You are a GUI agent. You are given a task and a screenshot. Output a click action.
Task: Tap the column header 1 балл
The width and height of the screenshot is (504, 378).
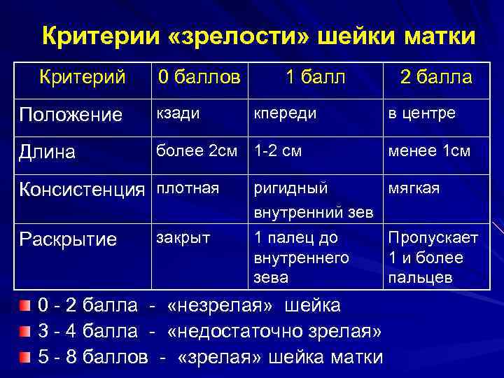coord(314,76)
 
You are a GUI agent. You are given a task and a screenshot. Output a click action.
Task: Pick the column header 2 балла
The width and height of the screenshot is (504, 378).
coord(435,76)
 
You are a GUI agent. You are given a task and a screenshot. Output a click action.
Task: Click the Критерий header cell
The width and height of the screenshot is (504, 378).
coord(83,75)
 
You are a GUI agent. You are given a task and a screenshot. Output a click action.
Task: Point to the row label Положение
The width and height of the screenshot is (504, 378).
coord(71,114)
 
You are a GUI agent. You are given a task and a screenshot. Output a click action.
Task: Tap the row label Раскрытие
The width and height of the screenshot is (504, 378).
coord(68,239)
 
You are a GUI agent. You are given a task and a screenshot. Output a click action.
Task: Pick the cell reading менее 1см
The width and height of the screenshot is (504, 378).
coord(431,150)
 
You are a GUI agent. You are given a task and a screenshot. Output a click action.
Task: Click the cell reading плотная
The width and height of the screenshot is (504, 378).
coord(188,188)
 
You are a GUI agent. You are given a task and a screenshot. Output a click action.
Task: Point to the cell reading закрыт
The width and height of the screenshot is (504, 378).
coord(183,237)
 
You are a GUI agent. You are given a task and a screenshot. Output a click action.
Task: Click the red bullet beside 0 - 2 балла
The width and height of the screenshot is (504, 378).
coord(25,306)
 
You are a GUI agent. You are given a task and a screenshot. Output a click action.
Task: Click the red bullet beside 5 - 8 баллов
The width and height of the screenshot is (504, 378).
coord(25,357)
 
